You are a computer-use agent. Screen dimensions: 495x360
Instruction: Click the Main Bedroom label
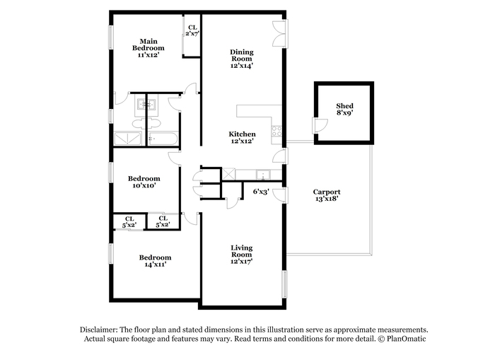point(148,45)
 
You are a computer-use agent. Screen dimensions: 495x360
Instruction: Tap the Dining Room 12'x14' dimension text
point(242,66)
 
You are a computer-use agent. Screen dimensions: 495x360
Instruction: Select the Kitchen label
point(242,134)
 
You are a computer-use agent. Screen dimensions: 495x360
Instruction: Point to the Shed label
point(344,106)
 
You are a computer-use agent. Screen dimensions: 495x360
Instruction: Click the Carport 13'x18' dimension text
point(327,199)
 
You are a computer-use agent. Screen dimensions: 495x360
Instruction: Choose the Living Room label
point(242,251)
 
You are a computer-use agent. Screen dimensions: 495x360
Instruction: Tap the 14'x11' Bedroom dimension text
point(156,265)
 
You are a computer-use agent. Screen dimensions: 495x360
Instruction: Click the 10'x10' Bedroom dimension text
point(144,185)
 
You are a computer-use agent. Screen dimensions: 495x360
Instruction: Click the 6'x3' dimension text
point(261,191)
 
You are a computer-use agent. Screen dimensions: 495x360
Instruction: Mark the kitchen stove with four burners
point(276,131)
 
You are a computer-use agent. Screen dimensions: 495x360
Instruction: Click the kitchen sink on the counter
point(262,175)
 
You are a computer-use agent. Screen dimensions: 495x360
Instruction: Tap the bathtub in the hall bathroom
point(163,139)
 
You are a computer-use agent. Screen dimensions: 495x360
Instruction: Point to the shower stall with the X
point(127,139)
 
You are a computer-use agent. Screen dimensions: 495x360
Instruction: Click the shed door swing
point(320,125)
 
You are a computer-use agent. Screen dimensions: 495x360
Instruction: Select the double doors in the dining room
point(280,34)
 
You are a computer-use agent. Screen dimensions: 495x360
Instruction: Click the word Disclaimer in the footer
point(99,330)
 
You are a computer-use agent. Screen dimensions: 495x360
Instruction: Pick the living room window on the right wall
point(285,284)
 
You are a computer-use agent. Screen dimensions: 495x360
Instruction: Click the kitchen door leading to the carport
point(280,156)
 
